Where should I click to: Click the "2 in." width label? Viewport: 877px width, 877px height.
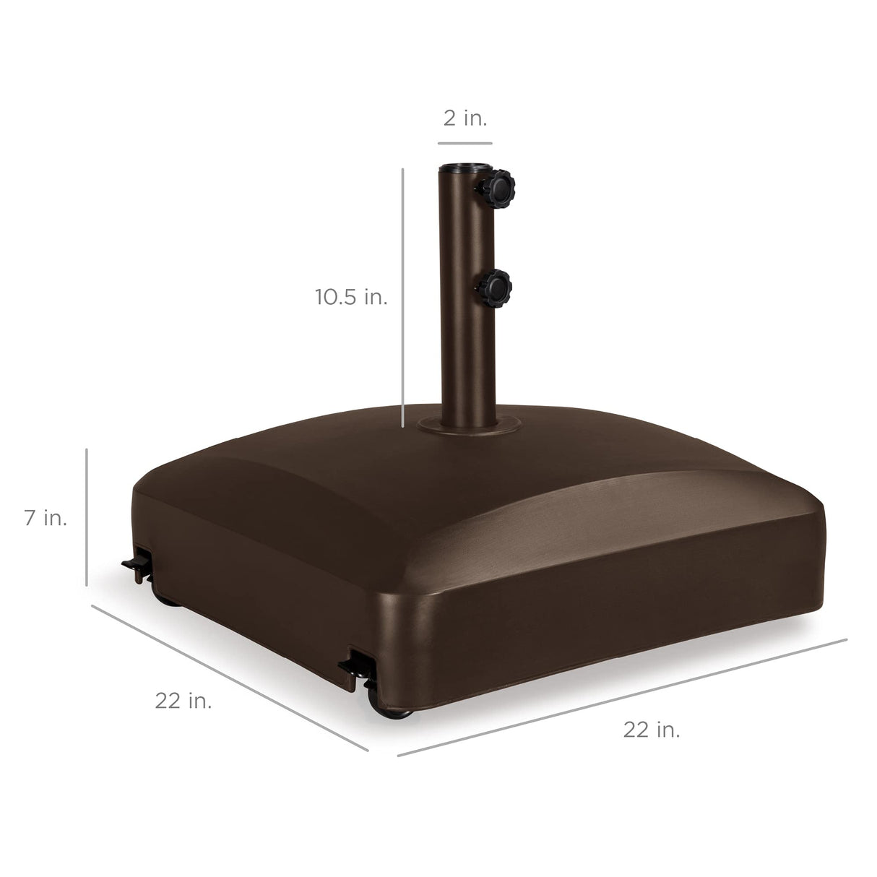pyautogui.click(x=465, y=118)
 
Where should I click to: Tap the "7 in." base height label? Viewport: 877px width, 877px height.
pyautogui.click(x=46, y=518)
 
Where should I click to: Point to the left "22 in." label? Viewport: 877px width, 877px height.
pyautogui.click(x=183, y=700)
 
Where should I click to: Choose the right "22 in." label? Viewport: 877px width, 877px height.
pyautogui.click(x=652, y=730)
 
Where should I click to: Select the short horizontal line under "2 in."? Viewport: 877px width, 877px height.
pyautogui.click(x=465, y=142)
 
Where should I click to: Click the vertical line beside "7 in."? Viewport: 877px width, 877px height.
pyautogui.click(x=87, y=517)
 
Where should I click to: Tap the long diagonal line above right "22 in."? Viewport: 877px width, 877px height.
pyautogui.click(x=621, y=698)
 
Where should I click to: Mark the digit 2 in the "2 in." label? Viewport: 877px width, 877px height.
pyautogui.click(x=450, y=118)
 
